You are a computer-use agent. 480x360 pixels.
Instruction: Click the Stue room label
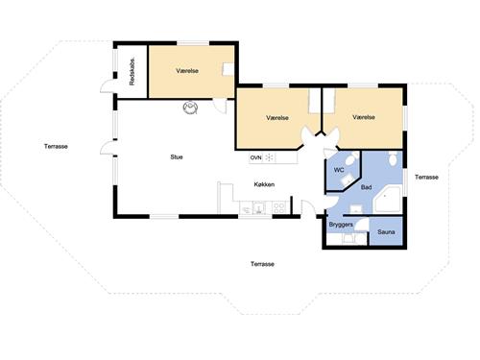(177, 157)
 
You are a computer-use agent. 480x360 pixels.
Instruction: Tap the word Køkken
(264, 184)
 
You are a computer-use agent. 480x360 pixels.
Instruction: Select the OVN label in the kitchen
(255, 157)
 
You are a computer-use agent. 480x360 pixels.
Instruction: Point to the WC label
(339, 170)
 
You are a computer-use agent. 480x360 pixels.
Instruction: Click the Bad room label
(366, 187)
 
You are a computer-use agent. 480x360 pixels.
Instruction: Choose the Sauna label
(386, 232)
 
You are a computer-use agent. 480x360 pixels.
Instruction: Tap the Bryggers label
(341, 225)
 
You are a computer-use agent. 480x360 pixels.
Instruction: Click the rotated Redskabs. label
(132, 71)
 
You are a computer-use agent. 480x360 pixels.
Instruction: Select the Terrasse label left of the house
(56, 147)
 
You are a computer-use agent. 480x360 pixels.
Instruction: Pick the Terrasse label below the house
(262, 264)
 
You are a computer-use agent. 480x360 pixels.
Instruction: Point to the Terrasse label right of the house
(426, 178)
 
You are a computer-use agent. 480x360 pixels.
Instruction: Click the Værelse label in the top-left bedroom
(187, 71)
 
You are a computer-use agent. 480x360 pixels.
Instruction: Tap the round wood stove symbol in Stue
(190, 108)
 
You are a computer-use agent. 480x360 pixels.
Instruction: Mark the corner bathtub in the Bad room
(387, 200)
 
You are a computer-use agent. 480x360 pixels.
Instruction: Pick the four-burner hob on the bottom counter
(279, 208)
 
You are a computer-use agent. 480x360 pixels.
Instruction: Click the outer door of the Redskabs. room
(108, 85)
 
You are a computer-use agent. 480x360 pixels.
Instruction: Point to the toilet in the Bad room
(393, 158)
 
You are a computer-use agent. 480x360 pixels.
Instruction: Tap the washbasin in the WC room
(347, 181)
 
